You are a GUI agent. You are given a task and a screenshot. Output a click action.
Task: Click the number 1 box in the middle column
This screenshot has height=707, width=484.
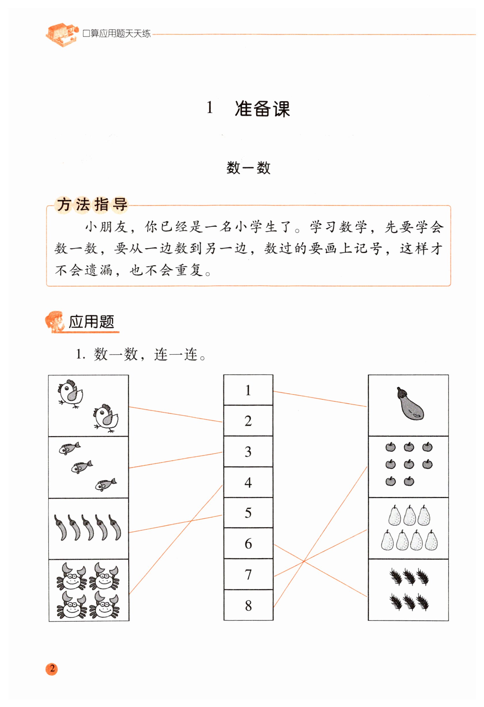(248, 390)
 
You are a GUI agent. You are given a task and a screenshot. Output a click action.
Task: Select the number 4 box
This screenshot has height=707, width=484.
(248, 482)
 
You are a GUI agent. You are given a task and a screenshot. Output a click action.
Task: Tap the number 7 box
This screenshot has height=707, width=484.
(248, 574)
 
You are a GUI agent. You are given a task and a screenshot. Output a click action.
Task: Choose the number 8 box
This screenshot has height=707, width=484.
(248, 605)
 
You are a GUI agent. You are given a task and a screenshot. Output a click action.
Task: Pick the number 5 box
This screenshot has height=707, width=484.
(248, 513)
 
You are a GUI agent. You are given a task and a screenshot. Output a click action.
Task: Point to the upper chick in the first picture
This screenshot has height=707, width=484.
(71, 393)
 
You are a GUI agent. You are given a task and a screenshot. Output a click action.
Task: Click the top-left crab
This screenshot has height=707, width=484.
(72, 577)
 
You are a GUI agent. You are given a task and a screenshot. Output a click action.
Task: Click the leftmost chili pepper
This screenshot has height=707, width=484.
(60, 527)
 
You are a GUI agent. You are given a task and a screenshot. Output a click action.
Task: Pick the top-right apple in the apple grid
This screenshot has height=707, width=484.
(427, 447)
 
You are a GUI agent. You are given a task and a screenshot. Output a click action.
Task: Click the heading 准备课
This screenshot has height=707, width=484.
(262, 109)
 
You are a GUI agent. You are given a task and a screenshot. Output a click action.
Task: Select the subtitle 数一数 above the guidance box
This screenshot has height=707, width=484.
(248, 167)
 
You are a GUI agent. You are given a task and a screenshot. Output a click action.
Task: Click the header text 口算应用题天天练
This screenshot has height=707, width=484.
(117, 33)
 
